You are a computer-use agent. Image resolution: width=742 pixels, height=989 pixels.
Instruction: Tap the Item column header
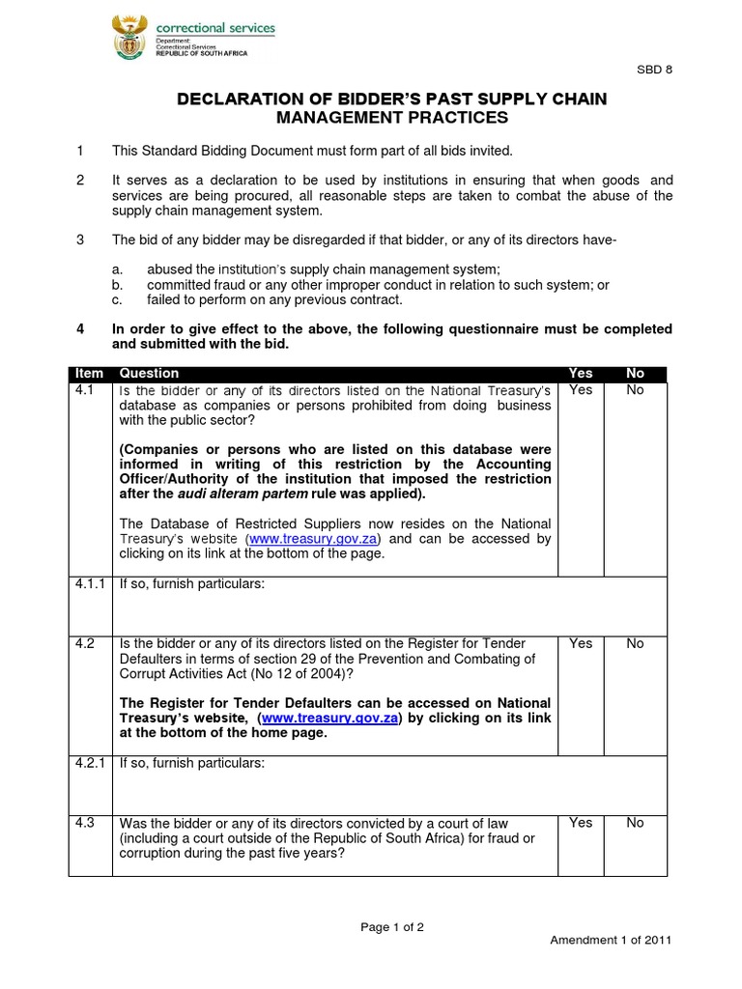coord(90,374)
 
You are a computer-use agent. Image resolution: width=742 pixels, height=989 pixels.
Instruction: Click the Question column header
coord(149,374)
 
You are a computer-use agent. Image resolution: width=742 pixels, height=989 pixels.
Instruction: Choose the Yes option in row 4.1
coord(581,390)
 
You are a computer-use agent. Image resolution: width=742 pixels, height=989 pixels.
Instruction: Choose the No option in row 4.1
coord(635,390)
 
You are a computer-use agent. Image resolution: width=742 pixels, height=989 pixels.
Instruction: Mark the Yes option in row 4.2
coord(581,643)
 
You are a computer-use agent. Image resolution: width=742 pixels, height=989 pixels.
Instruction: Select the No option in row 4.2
coord(635,643)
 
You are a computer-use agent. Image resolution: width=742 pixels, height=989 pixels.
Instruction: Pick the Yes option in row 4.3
coord(581,823)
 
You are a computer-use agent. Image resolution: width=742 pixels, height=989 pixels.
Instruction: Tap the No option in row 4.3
coord(635,823)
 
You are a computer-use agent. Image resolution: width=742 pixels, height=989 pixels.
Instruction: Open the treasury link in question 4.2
coord(329,719)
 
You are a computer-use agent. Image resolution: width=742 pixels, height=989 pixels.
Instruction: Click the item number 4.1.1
coord(91,585)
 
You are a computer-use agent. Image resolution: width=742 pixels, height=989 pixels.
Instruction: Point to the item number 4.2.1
coord(91,763)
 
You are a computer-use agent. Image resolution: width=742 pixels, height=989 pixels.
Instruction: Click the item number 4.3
coord(84,823)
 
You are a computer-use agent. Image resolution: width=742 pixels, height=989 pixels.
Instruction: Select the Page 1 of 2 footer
coord(392,927)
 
